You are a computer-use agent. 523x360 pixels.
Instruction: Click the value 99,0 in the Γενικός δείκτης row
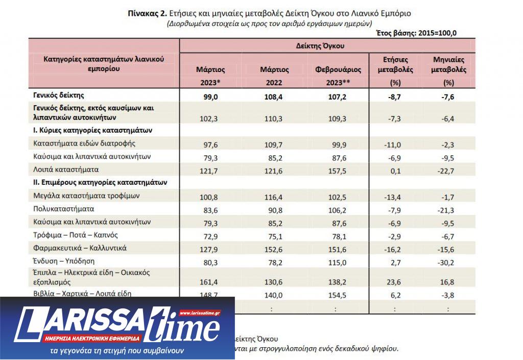tap(210, 95)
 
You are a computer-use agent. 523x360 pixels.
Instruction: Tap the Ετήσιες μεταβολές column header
tap(395, 64)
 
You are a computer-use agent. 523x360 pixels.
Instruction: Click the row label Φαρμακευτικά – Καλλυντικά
tap(79, 248)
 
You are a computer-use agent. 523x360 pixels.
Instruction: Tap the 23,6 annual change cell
tap(395, 281)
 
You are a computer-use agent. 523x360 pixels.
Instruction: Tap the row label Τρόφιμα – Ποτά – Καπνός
tap(75, 235)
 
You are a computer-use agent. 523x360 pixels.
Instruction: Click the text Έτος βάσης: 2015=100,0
tap(416, 33)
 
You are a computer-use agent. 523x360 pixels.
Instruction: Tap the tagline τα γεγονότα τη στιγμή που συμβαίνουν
tap(117, 352)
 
